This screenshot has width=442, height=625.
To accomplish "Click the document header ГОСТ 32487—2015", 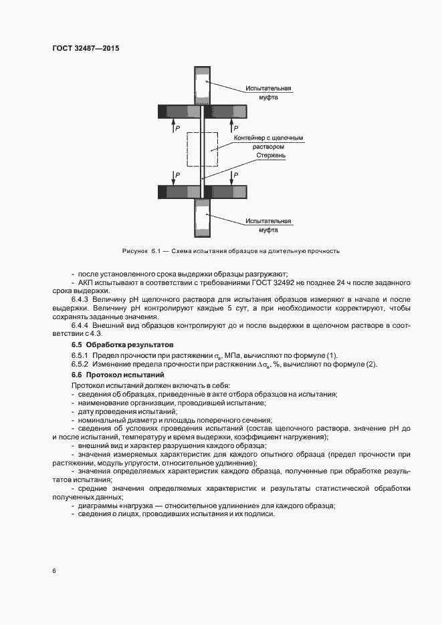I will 81,48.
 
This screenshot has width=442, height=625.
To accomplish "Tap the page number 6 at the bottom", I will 53,571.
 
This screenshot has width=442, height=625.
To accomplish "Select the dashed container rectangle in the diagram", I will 202,150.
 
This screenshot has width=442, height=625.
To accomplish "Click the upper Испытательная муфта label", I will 268,92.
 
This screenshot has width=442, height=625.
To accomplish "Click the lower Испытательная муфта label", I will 268,224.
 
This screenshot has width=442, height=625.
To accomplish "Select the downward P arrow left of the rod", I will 174,177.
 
